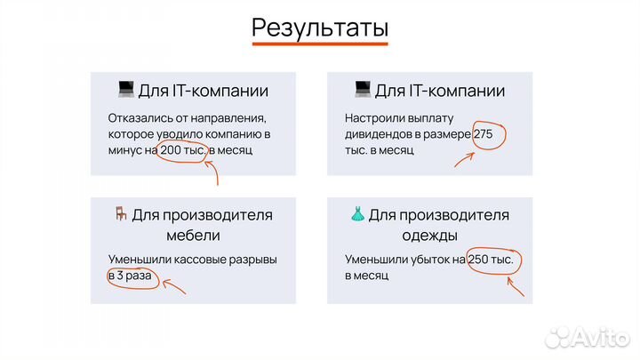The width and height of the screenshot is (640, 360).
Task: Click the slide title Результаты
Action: [x=319, y=27]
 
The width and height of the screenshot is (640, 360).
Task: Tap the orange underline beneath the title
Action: [x=319, y=43]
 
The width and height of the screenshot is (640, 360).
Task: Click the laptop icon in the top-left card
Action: [x=125, y=90]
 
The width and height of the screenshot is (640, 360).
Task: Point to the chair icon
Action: [x=120, y=214]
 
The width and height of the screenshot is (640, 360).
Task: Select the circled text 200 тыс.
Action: [x=184, y=151]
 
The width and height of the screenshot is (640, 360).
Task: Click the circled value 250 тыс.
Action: [x=494, y=260]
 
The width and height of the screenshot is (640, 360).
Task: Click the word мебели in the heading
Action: [x=193, y=236]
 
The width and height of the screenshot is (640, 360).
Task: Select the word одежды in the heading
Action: [x=429, y=236]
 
